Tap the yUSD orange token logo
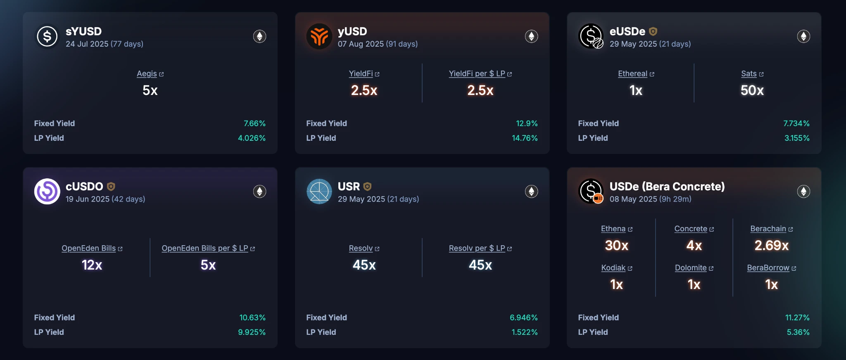click(319, 36)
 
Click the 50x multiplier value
click(752, 90)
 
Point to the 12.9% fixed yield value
click(527, 123)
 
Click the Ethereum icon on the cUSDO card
click(259, 192)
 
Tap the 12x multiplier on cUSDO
click(92, 265)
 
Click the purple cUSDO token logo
click(47, 192)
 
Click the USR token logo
click(319, 192)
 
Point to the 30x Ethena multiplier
click(616, 246)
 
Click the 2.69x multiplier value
click(771, 246)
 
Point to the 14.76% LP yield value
click(525, 138)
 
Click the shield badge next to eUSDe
click(653, 31)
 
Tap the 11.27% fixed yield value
click(797, 317)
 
